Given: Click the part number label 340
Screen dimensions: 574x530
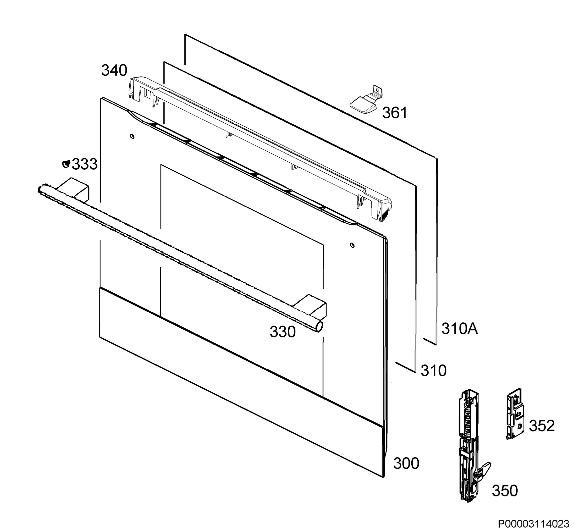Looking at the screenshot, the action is [114, 70].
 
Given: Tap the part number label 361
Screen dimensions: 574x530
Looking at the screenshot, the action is [394, 113].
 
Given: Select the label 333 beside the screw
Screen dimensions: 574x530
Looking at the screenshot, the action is [85, 164].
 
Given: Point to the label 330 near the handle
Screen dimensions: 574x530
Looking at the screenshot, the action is [282, 332].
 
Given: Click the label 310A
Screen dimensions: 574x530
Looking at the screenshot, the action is [459, 329].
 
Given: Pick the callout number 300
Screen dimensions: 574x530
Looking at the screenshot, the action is [406, 464].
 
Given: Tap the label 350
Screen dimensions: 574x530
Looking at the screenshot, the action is [505, 491].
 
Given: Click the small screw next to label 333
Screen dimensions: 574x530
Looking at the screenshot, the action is [66, 164].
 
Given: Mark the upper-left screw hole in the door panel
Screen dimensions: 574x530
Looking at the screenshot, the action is [132, 136].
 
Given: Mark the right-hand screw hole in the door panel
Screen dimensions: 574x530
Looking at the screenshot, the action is [352, 245].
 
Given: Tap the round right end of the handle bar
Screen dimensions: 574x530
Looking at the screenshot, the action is [319, 326].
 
